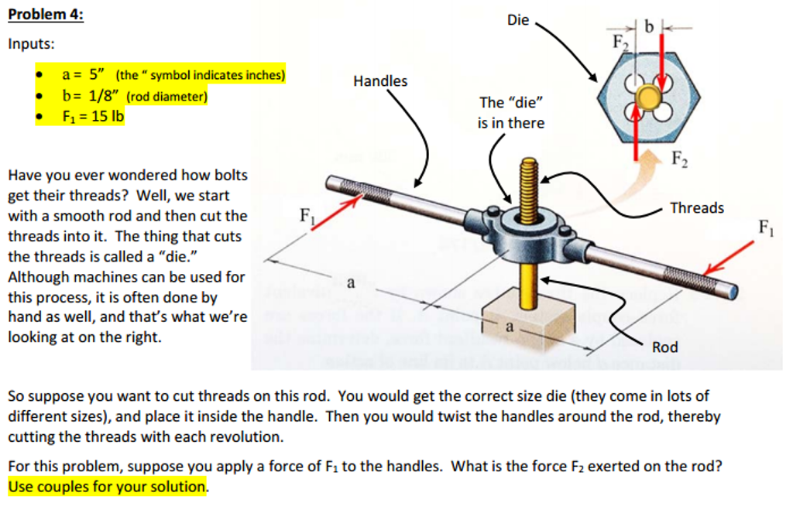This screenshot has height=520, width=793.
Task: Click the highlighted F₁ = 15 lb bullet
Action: point(93,116)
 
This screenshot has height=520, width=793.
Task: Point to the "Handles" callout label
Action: point(379,80)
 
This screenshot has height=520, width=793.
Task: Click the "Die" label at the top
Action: point(518,20)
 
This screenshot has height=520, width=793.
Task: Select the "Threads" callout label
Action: point(696,207)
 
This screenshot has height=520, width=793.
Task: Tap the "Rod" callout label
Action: point(664,347)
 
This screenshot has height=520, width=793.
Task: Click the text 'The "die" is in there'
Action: point(511,113)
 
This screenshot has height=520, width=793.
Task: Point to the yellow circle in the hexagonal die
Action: point(647,97)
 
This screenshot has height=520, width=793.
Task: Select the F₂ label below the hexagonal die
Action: point(678,160)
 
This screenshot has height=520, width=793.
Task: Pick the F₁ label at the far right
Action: point(764,227)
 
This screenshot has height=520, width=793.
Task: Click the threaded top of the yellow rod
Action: point(529,182)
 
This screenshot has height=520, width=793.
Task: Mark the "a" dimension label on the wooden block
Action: point(509,327)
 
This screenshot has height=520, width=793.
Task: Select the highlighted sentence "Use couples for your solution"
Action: point(108,487)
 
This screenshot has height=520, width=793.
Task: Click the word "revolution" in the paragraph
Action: point(247,437)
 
